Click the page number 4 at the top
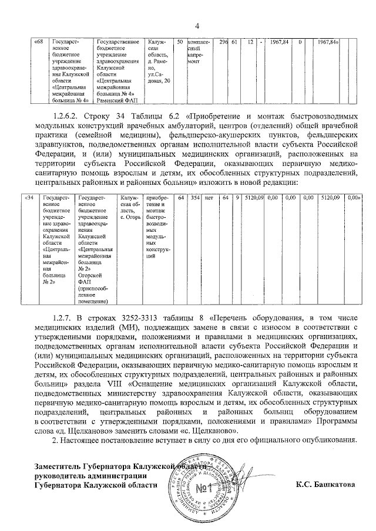point(197,25)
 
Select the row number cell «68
point(39,42)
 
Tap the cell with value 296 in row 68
point(223,42)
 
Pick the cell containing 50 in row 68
point(179,42)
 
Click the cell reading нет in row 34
point(209,199)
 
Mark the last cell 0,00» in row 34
point(353,199)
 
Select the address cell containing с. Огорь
point(129,208)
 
